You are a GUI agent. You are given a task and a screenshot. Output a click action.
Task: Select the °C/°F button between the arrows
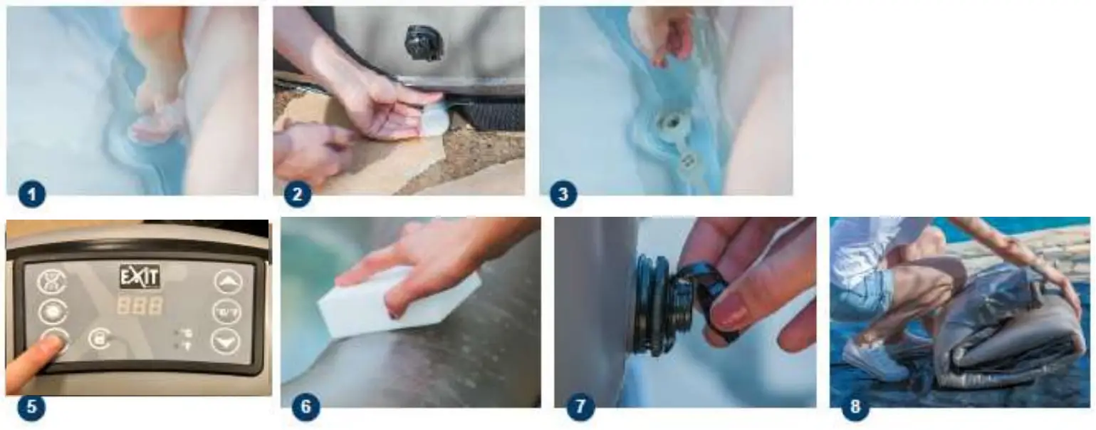point(226,312)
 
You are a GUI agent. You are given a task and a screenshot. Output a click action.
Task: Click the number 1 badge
point(31,194)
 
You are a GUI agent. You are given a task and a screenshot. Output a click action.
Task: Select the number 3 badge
point(563,194)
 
